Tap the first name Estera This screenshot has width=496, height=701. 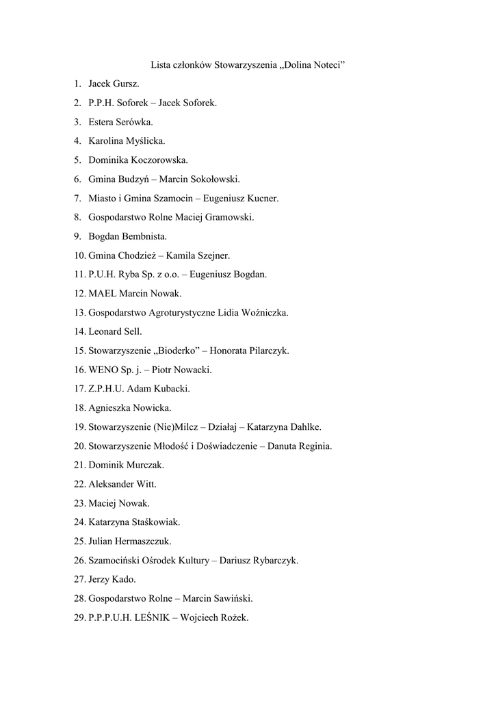[103, 123]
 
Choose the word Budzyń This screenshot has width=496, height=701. [134, 179]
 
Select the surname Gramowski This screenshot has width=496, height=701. [225, 218]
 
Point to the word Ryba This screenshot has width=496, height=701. [129, 275]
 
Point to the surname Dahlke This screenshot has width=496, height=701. [302, 427]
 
